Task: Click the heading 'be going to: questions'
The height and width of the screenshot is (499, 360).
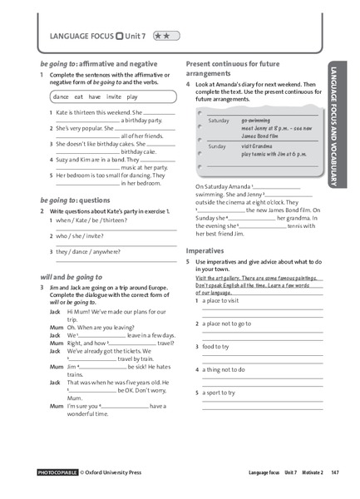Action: (x=75, y=200)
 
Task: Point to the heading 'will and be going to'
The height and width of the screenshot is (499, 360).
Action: (x=71, y=276)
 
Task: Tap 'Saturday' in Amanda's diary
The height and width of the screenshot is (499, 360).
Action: (x=218, y=121)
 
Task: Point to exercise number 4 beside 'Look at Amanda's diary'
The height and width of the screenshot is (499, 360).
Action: (x=189, y=85)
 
